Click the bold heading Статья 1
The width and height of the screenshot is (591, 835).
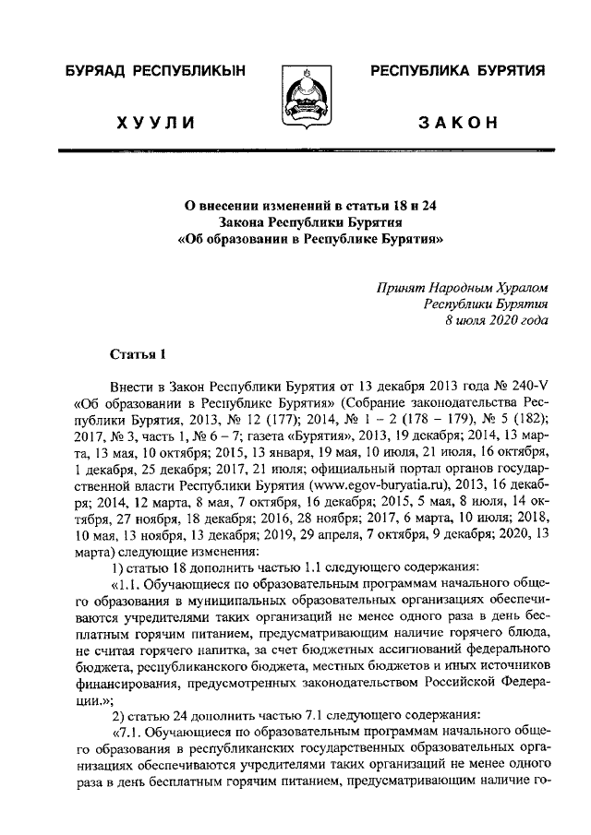pos(139,352)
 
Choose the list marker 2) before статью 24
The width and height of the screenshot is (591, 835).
pos(117,718)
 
